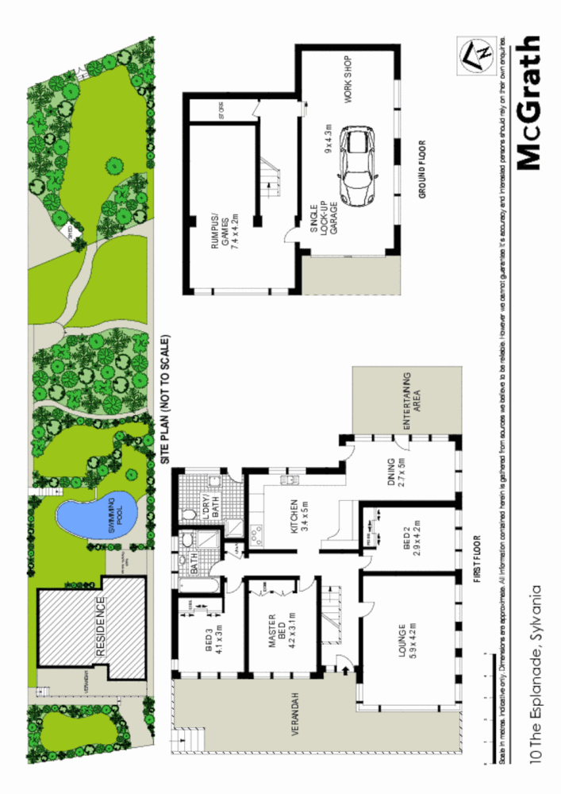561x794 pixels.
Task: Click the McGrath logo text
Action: tap(529, 102)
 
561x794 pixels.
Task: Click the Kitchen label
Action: tap(294, 517)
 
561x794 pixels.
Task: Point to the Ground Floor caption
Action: tap(423, 169)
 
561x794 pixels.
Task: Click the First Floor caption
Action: tap(477, 560)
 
